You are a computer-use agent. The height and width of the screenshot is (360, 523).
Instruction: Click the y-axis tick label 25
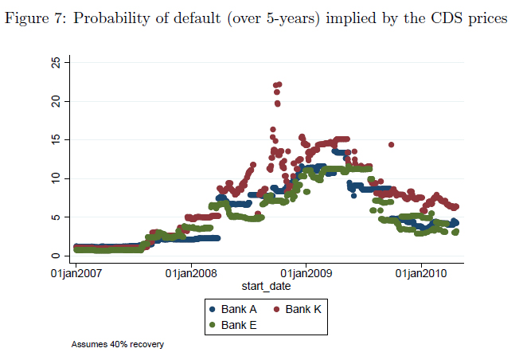tap(56, 63)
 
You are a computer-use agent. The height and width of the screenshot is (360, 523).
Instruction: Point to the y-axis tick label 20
tap(56, 101)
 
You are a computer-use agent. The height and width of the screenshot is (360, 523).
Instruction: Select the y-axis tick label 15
tap(56, 139)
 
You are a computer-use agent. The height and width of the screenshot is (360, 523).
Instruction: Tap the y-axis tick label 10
tap(56, 178)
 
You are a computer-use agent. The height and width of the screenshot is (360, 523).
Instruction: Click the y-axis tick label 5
tap(56, 217)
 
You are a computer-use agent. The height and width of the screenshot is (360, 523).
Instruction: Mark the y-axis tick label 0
tap(56, 255)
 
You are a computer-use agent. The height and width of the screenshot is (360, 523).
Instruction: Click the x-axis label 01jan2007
tap(76, 273)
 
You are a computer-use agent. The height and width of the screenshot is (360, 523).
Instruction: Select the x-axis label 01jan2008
tap(191, 273)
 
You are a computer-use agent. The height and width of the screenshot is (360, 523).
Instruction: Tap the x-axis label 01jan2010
tap(421, 273)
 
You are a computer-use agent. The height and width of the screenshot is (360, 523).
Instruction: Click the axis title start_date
tap(266, 285)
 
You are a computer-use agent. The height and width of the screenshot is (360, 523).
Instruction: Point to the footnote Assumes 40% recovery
tap(117, 345)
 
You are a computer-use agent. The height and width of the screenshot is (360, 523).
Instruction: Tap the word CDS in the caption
tap(454, 18)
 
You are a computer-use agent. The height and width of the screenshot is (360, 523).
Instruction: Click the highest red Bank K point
tap(278, 84)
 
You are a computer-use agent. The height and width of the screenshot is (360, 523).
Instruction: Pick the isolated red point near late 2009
tap(391, 145)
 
